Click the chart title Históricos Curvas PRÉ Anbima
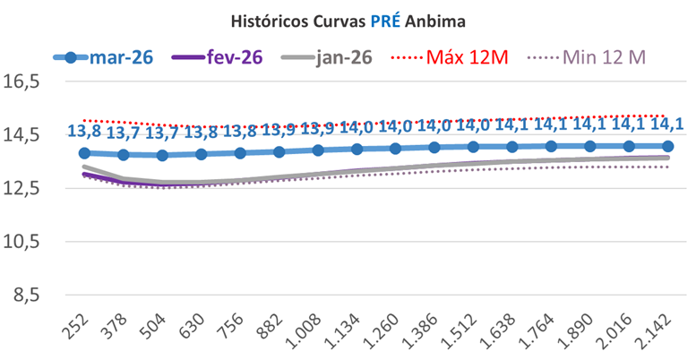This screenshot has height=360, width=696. [x=348, y=18]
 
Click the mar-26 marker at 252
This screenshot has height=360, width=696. [x=84, y=153]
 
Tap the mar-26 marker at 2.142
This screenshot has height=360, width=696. [x=668, y=146]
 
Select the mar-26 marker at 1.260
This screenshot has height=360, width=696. [x=396, y=149]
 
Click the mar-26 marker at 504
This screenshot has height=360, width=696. [x=162, y=155]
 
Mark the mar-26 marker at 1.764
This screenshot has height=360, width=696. [x=551, y=146]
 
